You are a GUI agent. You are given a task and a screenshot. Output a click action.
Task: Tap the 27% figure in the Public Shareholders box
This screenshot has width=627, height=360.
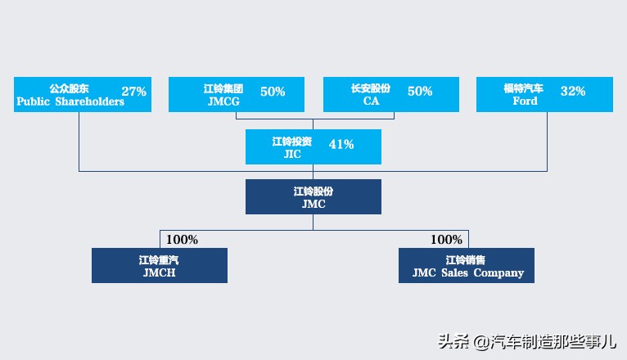click(x=133, y=91)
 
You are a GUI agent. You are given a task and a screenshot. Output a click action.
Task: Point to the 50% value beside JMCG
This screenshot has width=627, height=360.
click(x=273, y=91)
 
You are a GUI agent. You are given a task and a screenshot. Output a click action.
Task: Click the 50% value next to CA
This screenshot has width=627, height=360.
click(x=419, y=91)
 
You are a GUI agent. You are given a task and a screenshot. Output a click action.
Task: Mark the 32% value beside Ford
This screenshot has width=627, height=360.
click(x=573, y=91)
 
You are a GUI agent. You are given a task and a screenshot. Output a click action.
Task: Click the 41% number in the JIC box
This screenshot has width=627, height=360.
click(x=341, y=144)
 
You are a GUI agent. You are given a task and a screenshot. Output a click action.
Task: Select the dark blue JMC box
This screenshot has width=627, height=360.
click(x=313, y=197)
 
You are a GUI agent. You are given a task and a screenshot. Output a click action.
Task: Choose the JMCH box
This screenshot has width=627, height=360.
click(x=160, y=266)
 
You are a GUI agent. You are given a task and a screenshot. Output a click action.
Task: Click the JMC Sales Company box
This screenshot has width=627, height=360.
click(x=467, y=266)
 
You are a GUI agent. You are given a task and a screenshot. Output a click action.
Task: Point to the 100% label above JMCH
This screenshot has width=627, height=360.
click(x=182, y=240)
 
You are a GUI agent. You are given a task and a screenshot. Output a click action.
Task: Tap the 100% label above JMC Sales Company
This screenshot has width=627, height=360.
click(x=446, y=240)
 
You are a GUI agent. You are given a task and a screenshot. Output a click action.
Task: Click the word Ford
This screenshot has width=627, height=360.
click(x=525, y=101)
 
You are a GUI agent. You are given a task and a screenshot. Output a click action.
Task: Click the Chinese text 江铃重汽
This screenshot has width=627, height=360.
click(x=159, y=259)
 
